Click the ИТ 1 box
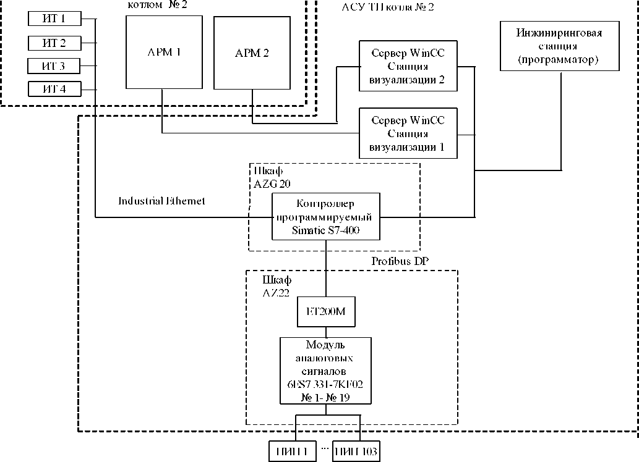(x=54, y=19)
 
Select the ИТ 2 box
(x=54, y=43)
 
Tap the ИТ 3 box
(x=54, y=66)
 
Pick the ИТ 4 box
(x=54, y=89)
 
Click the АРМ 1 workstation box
(x=164, y=52)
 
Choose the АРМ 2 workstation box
(x=252, y=52)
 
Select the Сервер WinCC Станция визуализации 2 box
(x=408, y=66)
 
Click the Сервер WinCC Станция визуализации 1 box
(x=408, y=133)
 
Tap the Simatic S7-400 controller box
(x=325, y=217)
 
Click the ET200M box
(x=325, y=313)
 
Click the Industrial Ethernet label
(x=161, y=201)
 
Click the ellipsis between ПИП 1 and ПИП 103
(x=324, y=449)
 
